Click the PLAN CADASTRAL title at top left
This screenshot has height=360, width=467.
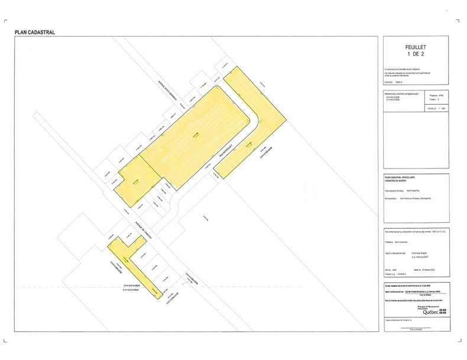click(34, 33)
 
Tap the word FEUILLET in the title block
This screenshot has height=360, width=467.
click(416, 47)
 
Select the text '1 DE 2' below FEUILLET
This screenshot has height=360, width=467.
click(416, 54)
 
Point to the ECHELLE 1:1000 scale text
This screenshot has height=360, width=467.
click(437, 109)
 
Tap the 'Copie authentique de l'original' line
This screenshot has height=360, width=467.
click(402, 320)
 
